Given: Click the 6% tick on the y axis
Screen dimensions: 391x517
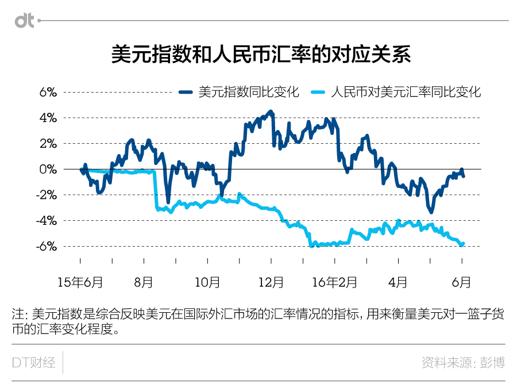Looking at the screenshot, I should pos(48,92).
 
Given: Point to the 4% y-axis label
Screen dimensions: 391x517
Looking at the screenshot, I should pos(48,118).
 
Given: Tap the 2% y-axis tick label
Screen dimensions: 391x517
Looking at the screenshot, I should pos(48,144).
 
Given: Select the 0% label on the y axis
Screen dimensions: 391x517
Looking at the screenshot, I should pos(48,169).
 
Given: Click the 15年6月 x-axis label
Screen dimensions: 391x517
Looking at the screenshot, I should pos(80,282).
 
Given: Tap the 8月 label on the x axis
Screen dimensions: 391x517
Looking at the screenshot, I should pos(144,282).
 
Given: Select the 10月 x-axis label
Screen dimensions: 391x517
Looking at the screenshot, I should pos(207,282).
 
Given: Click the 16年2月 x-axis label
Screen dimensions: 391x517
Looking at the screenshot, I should pos(334,282).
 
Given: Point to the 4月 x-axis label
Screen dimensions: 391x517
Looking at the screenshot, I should pos(398,282).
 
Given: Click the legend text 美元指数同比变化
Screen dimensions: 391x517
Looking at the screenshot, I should pos(249,92).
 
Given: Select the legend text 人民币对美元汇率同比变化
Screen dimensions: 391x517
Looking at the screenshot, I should pos(406,92).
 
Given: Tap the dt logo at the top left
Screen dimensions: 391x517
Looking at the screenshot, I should pos(24,21).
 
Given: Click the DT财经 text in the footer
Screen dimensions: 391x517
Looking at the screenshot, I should pos(34,363).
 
